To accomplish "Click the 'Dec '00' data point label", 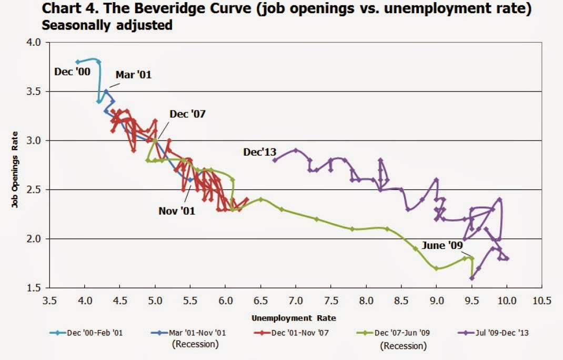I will pyautogui.click(x=71, y=72).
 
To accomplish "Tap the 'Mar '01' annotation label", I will pyautogui.click(x=134, y=75).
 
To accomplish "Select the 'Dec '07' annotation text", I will pyautogui.click(x=187, y=114).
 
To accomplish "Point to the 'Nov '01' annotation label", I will pyautogui.click(x=177, y=211).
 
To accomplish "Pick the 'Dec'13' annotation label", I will pyautogui.click(x=259, y=152).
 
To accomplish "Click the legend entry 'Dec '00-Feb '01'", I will pyautogui.click(x=94, y=333).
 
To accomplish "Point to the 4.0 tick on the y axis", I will pyautogui.click(x=34, y=43).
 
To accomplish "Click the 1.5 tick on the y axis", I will pyautogui.click(x=34, y=288).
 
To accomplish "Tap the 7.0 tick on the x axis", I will pyautogui.click(x=296, y=301).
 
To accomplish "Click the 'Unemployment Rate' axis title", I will pyautogui.click(x=294, y=318).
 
